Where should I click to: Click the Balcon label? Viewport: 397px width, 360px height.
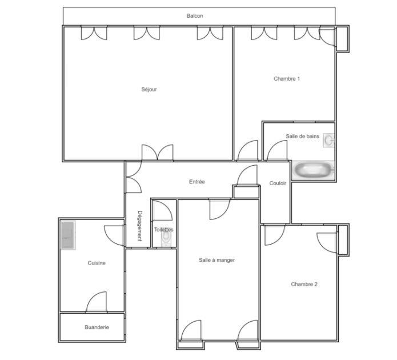195,16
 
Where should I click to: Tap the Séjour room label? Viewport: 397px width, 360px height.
149,89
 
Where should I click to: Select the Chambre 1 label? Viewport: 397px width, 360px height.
287,79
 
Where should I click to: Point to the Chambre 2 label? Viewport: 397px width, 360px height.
304,284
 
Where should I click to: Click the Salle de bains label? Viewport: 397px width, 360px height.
302,136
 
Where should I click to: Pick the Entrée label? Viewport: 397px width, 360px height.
197,182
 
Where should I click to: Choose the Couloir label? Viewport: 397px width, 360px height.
278,183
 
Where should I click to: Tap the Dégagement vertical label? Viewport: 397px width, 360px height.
139,226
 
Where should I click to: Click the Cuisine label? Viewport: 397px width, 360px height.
97,263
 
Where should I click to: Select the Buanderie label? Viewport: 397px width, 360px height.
97,327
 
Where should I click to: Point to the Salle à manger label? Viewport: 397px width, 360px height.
216,260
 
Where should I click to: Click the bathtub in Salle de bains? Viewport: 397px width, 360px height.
313,170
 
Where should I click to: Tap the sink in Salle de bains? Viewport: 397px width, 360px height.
328,139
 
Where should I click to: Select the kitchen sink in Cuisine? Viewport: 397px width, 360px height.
68,234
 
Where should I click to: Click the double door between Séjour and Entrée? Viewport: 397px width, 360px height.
157,153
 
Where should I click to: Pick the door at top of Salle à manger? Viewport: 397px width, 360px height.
220,209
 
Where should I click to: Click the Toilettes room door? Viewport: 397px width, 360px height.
163,210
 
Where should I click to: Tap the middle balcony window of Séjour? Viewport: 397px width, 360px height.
147,33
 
